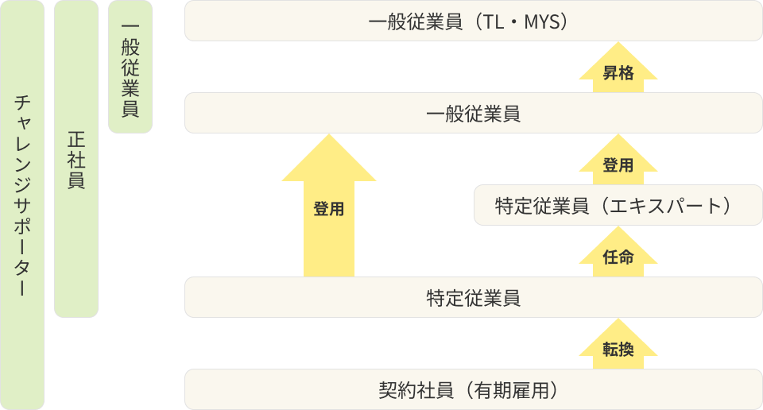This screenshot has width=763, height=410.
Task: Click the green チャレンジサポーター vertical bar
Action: [x=22, y=205]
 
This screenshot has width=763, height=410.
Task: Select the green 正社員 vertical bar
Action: [x=76, y=159]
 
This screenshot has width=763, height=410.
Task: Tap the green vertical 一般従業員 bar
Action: [x=130, y=67]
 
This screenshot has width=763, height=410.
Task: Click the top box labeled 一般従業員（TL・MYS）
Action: [x=473, y=21]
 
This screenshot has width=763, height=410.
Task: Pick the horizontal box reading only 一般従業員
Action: [x=473, y=114]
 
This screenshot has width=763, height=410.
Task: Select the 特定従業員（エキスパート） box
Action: [x=613, y=206]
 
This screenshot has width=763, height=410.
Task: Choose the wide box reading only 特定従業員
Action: [x=473, y=298]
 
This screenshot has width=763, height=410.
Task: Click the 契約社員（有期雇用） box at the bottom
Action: [x=473, y=390]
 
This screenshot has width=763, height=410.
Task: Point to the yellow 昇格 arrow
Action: [x=618, y=72]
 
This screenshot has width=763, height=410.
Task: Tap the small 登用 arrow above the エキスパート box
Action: [x=618, y=164]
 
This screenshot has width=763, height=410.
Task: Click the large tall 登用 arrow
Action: [x=328, y=209]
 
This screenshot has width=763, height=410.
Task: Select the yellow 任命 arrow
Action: [x=618, y=257]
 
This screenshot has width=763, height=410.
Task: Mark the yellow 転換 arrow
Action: [x=618, y=349]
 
